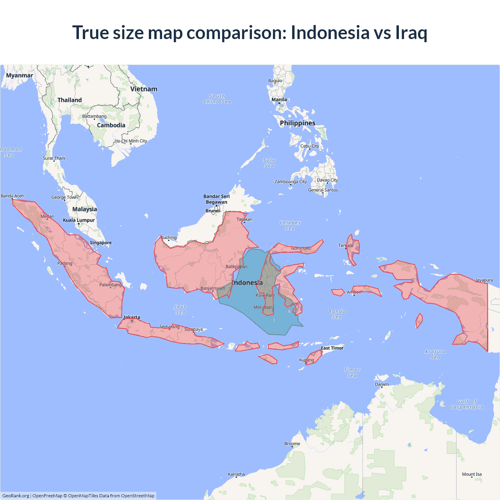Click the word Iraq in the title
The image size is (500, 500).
411,32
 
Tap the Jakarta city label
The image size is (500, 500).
132,317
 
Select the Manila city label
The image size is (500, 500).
279,100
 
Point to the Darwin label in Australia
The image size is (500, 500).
382,384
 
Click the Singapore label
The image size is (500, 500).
101,243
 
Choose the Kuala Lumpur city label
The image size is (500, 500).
79,220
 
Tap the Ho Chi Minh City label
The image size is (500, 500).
131,141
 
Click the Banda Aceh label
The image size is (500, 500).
12,196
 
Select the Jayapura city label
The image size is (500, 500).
484,280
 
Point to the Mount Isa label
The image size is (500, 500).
472,474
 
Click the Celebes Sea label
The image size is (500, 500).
290,225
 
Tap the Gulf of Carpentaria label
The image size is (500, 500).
466,404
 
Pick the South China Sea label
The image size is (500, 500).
217,99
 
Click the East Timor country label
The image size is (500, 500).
332,348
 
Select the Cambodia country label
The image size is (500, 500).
111,125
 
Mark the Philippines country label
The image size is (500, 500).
297,123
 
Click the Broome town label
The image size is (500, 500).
292,444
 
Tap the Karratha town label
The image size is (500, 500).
236,474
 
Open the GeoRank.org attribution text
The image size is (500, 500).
16,496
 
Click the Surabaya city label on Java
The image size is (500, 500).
193,329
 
